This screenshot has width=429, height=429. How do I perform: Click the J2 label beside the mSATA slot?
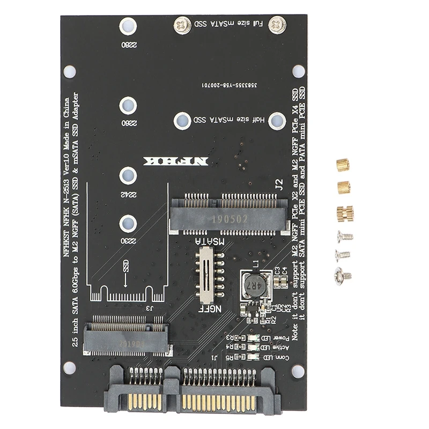coord(278,186)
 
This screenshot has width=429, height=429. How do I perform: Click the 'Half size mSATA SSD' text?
coord(228,120)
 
